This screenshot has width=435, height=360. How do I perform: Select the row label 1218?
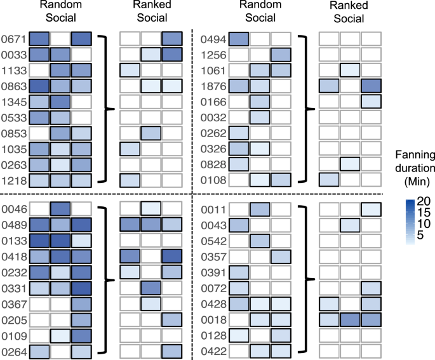(12, 180)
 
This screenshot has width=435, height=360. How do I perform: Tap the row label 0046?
(12, 208)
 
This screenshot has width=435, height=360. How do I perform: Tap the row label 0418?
(12, 255)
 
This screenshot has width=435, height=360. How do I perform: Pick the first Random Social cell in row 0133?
(39, 239)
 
